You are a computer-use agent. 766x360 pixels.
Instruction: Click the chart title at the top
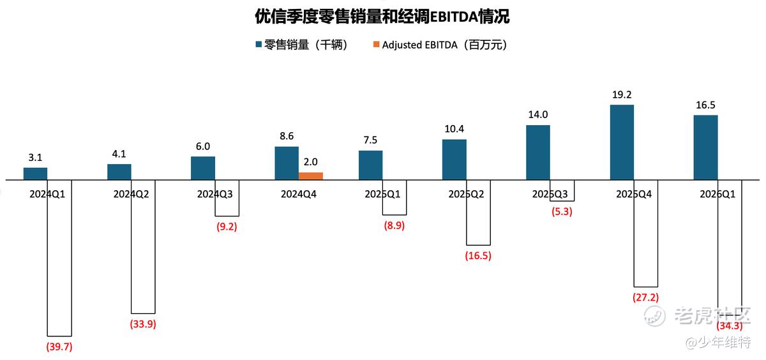pos(382,17)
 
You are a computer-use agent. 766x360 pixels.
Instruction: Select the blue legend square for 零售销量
pos(259,45)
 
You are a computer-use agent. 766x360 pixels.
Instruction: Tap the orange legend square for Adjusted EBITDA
pos(376,45)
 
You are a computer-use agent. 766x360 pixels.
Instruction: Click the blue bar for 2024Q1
pos(35,174)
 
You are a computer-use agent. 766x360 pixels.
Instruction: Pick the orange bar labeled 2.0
pos(310,176)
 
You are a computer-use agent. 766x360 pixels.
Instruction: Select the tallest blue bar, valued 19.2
pos(622,142)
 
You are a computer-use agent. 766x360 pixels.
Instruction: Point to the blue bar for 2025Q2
pos(454,160)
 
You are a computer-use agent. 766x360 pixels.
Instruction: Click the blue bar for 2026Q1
pos(705,147)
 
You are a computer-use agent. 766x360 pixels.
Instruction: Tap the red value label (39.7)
pos(59,347)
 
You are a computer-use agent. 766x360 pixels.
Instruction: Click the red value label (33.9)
pos(143,324)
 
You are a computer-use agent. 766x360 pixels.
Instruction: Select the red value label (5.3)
pos(562,212)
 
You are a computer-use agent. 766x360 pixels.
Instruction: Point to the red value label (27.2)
pos(645,297)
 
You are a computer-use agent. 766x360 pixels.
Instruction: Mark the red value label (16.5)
pos(478,256)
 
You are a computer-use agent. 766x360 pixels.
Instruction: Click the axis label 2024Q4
pos(299,194)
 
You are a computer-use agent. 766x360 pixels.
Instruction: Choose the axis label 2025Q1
pos(382,194)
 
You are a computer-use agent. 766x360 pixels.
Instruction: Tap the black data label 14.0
pos(538,114)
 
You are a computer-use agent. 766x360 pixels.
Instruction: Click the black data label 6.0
pos(203,146)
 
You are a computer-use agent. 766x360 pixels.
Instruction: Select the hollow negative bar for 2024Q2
pos(143,246)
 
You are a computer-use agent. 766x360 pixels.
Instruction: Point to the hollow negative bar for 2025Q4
pos(645,233)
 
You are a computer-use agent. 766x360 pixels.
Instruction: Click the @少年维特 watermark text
pos(718,342)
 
